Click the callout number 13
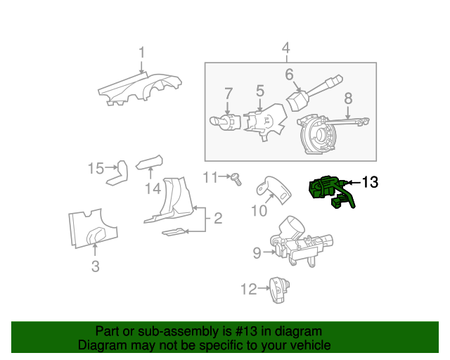[x=371, y=182]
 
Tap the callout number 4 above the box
[x=286, y=48]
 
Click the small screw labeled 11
[x=236, y=179]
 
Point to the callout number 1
[x=142, y=53]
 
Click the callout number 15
[x=96, y=168]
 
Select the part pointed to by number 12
[x=279, y=290]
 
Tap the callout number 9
[x=257, y=253]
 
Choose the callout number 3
[x=96, y=266]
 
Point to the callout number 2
[x=218, y=218]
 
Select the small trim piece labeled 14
[x=149, y=162]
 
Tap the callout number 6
[x=289, y=75]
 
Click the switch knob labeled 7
[x=225, y=122]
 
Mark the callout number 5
[x=259, y=91]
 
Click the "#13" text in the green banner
[x=246, y=331]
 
